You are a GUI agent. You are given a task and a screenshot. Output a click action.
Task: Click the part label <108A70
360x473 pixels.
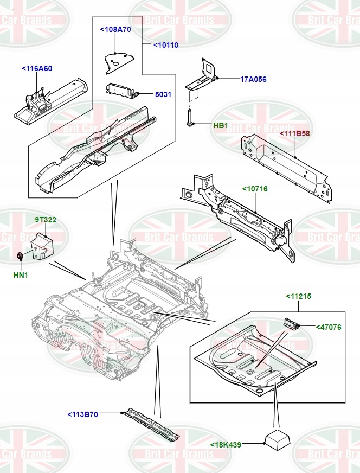115,29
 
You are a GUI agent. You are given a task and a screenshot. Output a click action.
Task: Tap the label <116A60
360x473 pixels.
37,69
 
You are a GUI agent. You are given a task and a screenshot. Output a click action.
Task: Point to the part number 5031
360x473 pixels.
163,94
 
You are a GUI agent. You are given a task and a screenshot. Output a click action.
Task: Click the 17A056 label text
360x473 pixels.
253,79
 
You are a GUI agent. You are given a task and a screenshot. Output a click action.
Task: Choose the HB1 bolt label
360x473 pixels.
221,125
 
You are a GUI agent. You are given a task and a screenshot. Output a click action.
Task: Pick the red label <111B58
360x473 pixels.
295,133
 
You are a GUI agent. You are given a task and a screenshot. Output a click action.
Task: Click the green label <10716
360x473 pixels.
255,189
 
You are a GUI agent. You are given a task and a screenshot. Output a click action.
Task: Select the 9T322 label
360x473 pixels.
46,220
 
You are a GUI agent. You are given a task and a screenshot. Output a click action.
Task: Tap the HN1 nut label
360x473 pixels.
21,275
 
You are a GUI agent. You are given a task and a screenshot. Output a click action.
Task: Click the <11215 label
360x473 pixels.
299,296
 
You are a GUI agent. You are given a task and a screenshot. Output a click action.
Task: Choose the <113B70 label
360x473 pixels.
82,414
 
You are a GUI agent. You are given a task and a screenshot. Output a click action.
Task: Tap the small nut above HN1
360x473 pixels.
20,255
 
